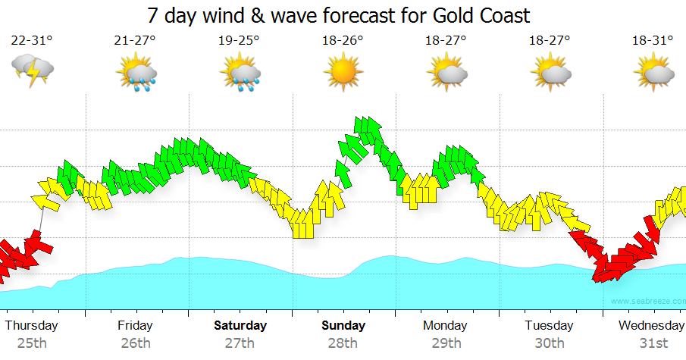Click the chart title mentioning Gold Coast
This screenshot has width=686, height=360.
[x=338, y=15]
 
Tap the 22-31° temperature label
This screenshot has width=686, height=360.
[x=32, y=41]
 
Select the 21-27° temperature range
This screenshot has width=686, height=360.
[x=136, y=41]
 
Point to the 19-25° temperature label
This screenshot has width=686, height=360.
[x=239, y=41]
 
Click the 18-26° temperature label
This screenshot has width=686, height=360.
[x=343, y=41]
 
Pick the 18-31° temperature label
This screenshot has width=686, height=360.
[x=653, y=41]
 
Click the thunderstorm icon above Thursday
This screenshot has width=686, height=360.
[x=32, y=71]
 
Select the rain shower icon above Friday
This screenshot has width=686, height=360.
[x=136, y=72]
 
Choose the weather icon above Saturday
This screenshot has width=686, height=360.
[x=240, y=72]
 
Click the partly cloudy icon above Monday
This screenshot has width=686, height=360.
[x=446, y=72]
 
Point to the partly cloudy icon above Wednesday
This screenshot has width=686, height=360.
[x=653, y=72]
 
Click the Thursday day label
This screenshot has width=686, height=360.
[x=31, y=326]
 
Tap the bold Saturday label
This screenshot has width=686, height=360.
[x=240, y=326]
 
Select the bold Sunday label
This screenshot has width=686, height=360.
[x=343, y=326]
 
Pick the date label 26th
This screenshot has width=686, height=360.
[x=136, y=343]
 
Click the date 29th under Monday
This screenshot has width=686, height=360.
[x=446, y=343]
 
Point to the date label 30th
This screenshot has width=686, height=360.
[x=549, y=343]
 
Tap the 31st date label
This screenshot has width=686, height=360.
[x=653, y=343]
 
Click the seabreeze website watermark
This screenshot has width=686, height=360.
[x=646, y=302]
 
